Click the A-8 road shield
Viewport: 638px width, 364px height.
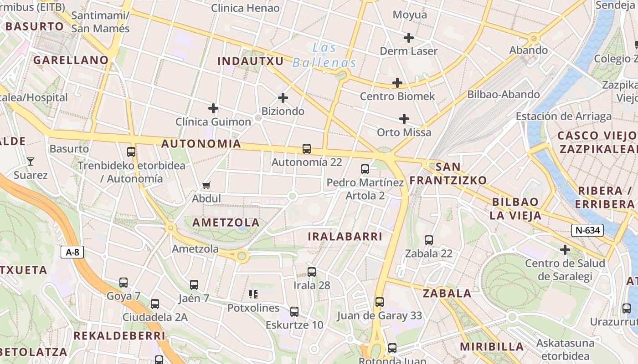(x=72, y=252)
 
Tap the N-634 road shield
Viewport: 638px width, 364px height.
(x=587, y=230)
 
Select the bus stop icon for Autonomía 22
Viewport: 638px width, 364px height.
(x=307, y=149)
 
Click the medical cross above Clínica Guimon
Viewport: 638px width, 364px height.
(x=213, y=108)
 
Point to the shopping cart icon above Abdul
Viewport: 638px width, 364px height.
(x=206, y=185)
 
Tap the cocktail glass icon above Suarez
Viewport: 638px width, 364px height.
(x=30, y=161)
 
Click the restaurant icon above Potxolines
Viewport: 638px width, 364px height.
(x=253, y=294)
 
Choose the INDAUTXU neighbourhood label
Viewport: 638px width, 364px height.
(x=251, y=61)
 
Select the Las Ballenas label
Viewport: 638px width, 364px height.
(x=324, y=55)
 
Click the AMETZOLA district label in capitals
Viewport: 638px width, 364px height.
(x=226, y=222)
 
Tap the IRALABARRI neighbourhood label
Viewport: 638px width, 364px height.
(x=345, y=236)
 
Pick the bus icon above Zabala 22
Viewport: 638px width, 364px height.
(x=429, y=240)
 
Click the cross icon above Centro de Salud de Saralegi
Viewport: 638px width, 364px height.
(x=565, y=250)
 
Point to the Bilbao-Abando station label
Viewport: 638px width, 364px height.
(x=504, y=95)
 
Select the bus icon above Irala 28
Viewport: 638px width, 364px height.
(x=312, y=272)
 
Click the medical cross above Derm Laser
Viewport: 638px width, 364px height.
(x=409, y=38)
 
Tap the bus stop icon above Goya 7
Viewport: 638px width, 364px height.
(x=123, y=283)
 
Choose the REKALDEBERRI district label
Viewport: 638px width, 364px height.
(x=119, y=336)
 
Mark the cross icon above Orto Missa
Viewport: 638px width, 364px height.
(x=404, y=119)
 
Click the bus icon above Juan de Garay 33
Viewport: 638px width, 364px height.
(x=380, y=302)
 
